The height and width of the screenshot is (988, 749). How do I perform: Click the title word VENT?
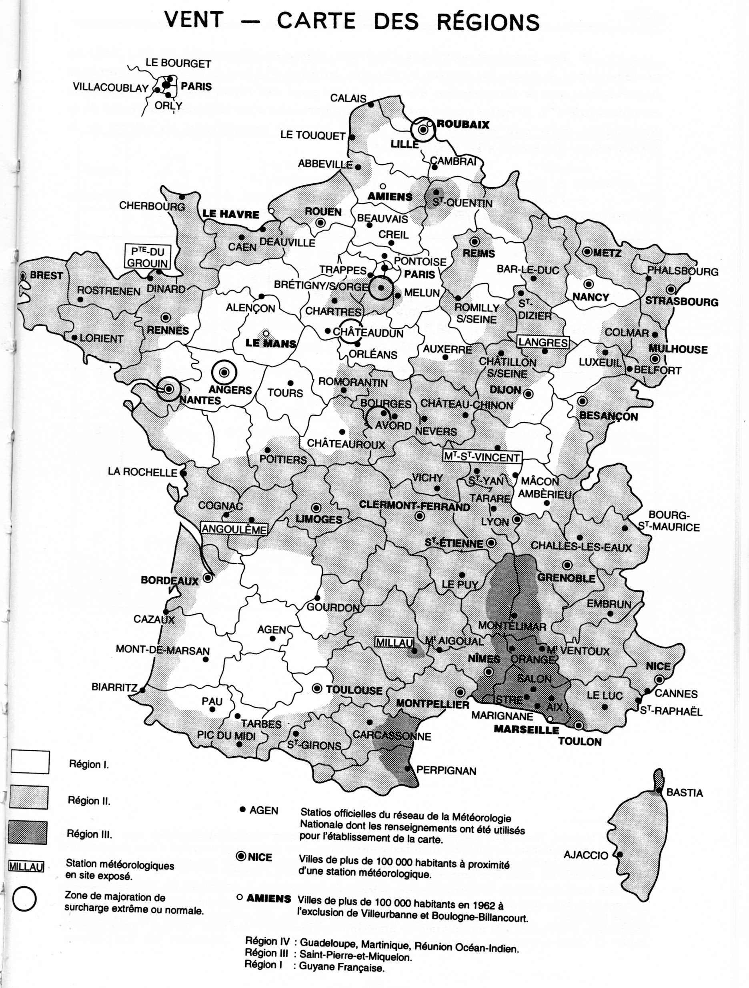tap(193, 20)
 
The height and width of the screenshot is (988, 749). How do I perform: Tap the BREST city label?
tap(46, 275)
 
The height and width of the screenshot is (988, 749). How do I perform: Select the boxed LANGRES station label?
tap(543, 343)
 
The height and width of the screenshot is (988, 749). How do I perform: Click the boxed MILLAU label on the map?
tap(393, 642)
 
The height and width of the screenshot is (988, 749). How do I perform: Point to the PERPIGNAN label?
tap(446, 770)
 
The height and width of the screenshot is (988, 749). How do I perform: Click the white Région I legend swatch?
tap(30, 762)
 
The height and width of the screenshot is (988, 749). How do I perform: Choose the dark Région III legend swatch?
tap(28, 833)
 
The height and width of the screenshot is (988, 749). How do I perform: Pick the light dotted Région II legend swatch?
tap(28, 797)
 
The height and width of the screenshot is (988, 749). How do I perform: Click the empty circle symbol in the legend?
tap(24, 899)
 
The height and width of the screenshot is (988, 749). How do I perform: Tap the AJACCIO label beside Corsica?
tap(585, 855)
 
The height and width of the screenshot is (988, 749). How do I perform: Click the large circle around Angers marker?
tap(224, 372)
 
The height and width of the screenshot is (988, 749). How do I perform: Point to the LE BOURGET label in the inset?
tap(178, 63)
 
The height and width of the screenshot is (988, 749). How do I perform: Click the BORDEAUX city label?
tap(169, 581)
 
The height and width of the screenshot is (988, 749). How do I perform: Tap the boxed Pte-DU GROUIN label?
tap(147, 257)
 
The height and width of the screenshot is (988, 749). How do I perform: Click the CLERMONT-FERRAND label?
tap(415, 506)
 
